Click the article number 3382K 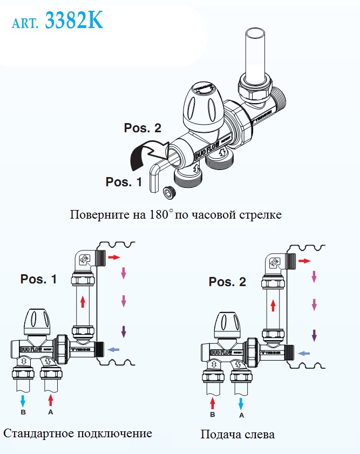click(x=73, y=21)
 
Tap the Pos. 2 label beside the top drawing click(x=142, y=128)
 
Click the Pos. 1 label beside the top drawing click(x=124, y=182)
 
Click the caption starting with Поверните click(x=175, y=214)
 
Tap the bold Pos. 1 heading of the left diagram click(x=38, y=279)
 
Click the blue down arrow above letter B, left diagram click(x=23, y=399)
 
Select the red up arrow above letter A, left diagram click(x=51, y=399)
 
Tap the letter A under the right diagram click(x=241, y=416)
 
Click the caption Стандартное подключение click(x=78, y=433)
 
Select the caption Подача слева click(x=237, y=435)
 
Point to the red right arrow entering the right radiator click(x=305, y=261)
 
